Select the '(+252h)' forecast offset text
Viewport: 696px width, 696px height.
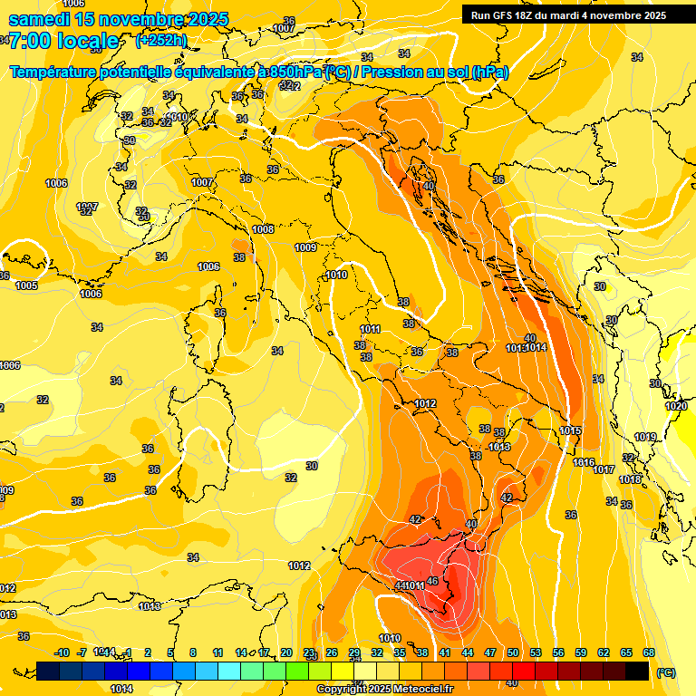(x=160, y=40)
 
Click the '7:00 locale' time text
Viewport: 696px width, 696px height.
(x=63, y=41)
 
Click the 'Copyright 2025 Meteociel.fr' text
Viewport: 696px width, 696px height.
(x=385, y=690)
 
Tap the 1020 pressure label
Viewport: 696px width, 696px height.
(x=676, y=407)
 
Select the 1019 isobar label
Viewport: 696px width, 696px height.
(x=645, y=438)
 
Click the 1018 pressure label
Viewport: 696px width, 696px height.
(x=630, y=479)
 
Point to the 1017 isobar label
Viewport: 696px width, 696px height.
(x=604, y=469)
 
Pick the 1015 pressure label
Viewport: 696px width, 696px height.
(x=570, y=430)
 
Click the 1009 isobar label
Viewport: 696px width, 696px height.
(x=305, y=247)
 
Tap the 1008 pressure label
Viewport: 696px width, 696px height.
(x=263, y=229)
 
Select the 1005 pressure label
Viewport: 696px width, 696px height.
(x=26, y=285)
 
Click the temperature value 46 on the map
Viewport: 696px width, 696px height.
(x=432, y=582)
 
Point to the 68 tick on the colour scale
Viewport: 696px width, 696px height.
(x=649, y=652)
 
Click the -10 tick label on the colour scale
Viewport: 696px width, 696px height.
(x=63, y=652)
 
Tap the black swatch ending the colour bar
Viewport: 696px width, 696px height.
(x=638, y=672)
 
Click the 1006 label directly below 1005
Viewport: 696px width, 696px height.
(x=91, y=294)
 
